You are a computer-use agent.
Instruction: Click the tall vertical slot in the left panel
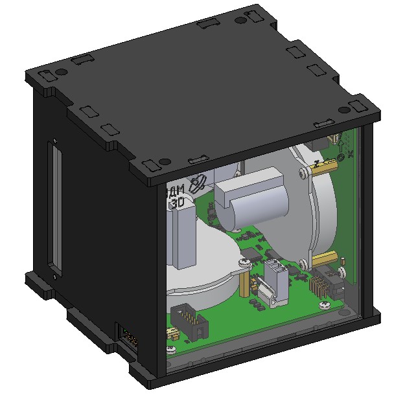pyautogui.click(x=54, y=207)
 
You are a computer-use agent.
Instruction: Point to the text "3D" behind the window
pyautogui.click(x=178, y=202)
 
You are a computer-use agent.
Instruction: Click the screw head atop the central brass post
pyautogui.click(x=244, y=262)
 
